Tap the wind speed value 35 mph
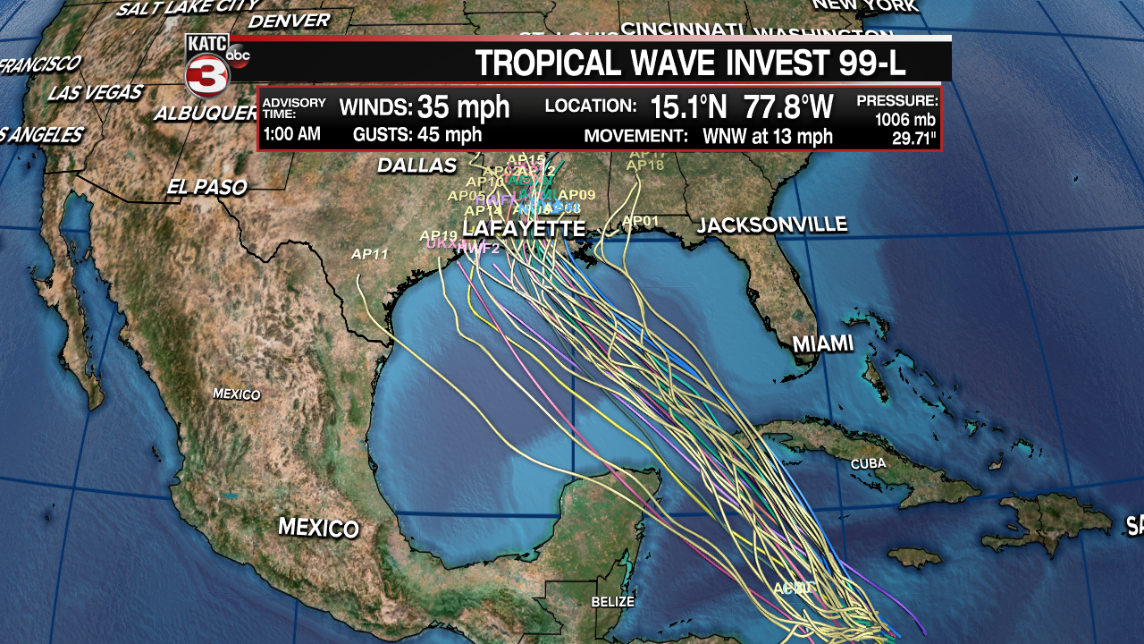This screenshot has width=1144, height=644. [463, 107]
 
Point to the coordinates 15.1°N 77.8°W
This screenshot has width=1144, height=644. [741, 107]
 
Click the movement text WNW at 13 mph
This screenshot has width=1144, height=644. [769, 137]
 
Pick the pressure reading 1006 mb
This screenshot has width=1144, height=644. [904, 120]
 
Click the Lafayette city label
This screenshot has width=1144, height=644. [524, 230]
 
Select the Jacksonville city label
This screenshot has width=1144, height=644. [771, 225]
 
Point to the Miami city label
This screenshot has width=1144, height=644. [822, 343]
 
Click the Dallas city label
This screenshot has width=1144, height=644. [416, 165]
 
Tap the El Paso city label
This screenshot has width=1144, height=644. [206, 188]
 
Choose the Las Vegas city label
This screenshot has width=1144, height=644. [95, 92]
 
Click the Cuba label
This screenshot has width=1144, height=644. [868, 464]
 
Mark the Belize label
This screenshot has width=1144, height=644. [612, 602]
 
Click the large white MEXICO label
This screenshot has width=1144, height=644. [318, 527]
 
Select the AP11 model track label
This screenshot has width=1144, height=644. [369, 255]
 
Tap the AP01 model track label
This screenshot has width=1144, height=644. [640, 221]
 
